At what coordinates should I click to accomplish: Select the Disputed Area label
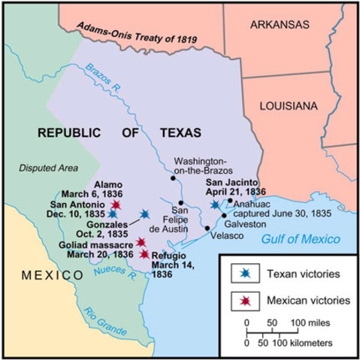[x=44, y=168]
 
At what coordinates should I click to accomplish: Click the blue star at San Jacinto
[x=215, y=205]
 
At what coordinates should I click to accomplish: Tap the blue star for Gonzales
[x=144, y=214]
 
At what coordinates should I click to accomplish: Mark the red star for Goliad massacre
[x=141, y=242]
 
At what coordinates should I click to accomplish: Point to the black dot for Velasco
[x=207, y=227]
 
